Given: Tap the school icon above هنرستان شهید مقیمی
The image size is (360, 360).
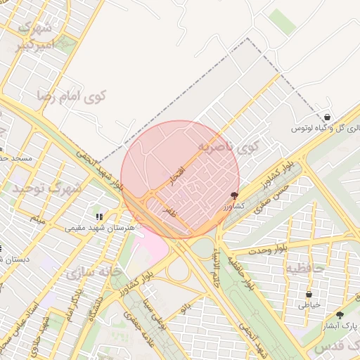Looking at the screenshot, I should (99, 217).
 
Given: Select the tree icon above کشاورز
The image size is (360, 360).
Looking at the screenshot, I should (234, 195).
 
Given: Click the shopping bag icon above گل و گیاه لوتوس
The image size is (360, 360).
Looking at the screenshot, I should (327, 117).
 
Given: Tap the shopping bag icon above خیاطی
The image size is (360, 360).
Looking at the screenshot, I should (309, 294).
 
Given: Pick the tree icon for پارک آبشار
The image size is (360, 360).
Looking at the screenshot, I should (340, 316).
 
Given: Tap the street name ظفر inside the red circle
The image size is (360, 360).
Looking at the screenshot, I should (169, 210).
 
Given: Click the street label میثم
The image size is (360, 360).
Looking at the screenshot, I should (37, 220).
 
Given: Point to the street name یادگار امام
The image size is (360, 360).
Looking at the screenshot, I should (73, 302).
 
